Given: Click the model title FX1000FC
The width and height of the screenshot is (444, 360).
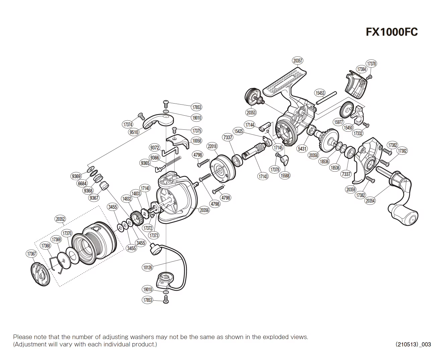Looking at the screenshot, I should (x=391, y=32).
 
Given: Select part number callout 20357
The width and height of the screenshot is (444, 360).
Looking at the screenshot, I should (x=298, y=61).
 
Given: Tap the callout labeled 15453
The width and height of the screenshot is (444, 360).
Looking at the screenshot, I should (x=320, y=93).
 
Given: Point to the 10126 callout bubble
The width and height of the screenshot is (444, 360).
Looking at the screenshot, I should (x=147, y=267).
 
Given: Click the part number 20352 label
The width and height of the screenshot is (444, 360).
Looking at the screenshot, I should (x=60, y=219).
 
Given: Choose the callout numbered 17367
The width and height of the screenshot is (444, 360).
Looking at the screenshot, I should (x=31, y=254).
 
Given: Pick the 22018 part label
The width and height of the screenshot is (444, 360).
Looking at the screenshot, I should (x=212, y=146).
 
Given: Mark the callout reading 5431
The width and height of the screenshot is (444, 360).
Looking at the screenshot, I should (x=302, y=148).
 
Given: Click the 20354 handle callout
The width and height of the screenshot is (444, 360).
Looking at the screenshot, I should (x=370, y=201).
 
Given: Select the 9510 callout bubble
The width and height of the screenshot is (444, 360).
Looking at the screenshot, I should (x=134, y=132).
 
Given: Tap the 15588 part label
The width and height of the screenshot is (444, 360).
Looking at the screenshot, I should (x=285, y=175).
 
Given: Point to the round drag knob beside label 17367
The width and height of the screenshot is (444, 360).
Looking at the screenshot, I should (x=40, y=275).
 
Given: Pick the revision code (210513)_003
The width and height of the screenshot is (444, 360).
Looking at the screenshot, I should (x=413, y=344).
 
